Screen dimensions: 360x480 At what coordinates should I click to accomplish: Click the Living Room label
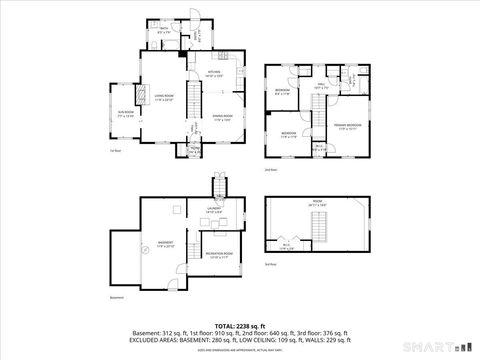pyautogui.click(x=163, y=98)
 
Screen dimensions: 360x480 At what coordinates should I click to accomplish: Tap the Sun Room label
pyautogui.click(x=125, y=116)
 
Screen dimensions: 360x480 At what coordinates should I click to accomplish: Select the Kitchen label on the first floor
pyautogui.click(x=214, y=73)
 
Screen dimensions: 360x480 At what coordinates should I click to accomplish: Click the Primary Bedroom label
pyautogui.click(x=348, y=127)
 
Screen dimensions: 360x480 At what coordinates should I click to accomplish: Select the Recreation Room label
pyautogui.click(x=221, y=254)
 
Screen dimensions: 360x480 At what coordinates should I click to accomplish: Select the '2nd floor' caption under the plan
pyautogui.click(x=271, y=170)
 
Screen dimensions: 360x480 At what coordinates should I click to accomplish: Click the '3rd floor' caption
pyautogui.click(x=271, y=264)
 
